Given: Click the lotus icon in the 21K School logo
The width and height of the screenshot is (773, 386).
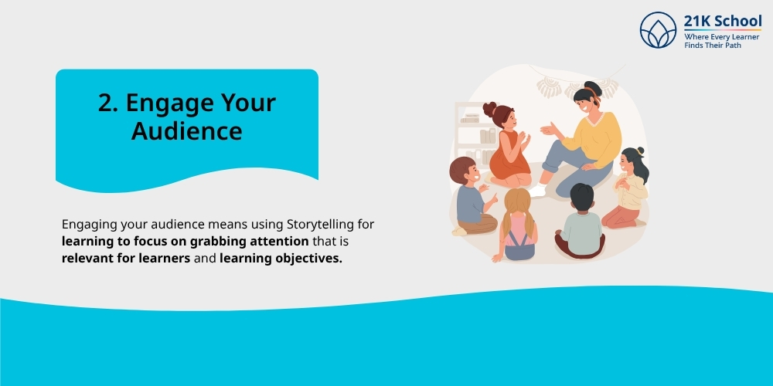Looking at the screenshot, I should (x=658, y=30).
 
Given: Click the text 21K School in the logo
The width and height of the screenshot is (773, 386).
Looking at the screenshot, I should (x=723, y=21).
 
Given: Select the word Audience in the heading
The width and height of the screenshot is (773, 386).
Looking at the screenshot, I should (x=186, y=130).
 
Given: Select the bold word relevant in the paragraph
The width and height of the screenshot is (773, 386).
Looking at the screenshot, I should (x=88, y=259).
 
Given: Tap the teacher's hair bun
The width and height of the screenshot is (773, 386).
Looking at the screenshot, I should (x=592, y=86).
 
